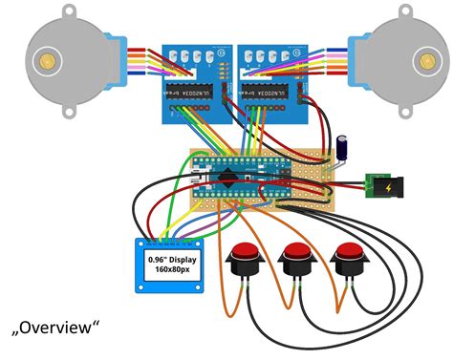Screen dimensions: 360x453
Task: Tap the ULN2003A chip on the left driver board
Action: [188, 92]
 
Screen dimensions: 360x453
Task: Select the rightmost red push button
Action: [351, 258]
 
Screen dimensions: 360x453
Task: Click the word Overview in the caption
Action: [59, 328]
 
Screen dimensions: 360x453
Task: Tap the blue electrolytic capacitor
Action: [342, 149]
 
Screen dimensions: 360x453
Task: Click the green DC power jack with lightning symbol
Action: [383, 182]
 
